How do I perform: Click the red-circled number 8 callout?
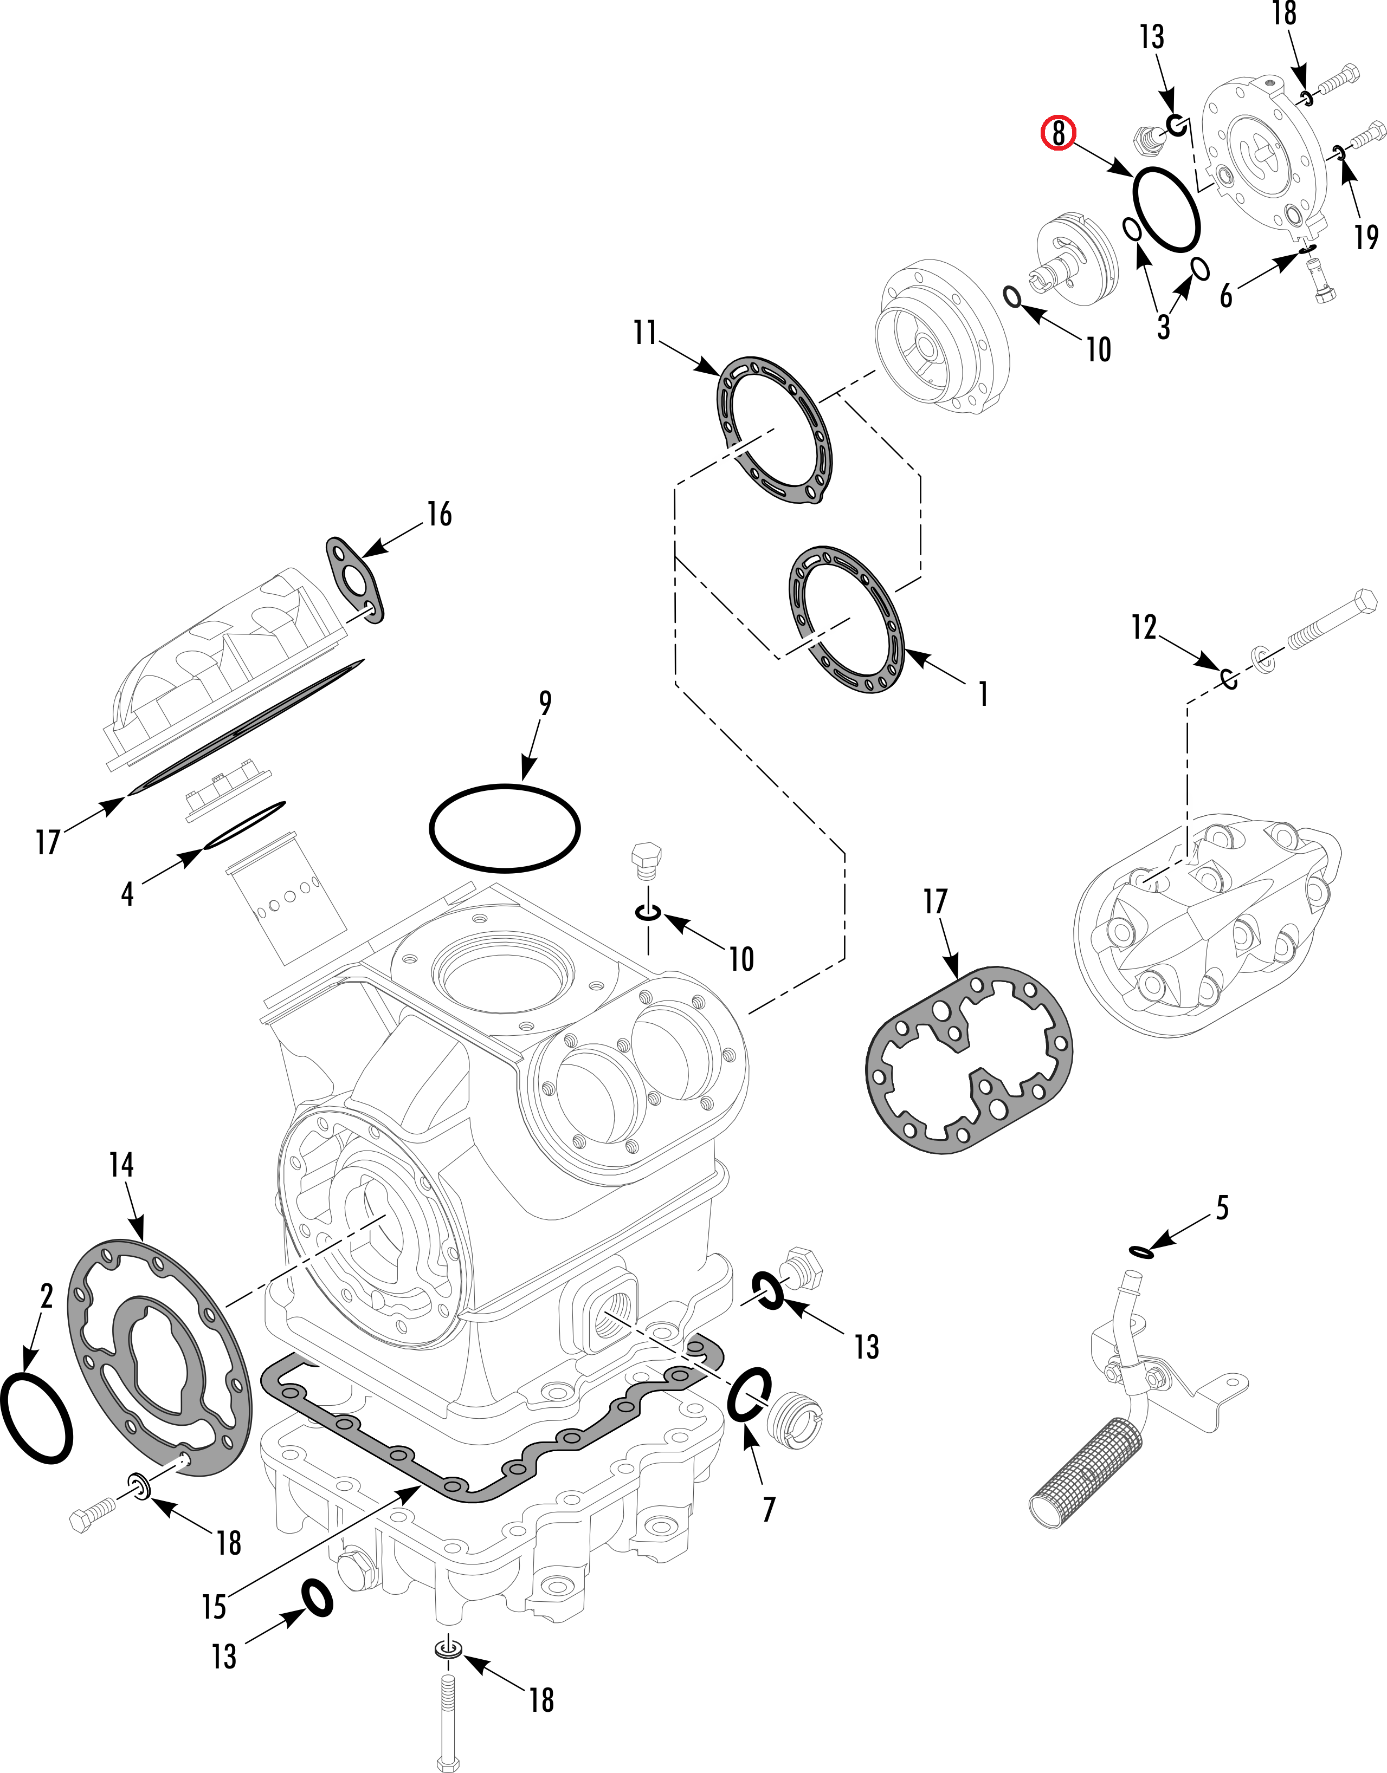click(1058, 132)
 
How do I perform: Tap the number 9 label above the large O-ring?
click(545, 703)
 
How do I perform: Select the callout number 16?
click(440, 515)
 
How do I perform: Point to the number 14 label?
click(121, 1166)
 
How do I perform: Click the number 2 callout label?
click(46, 1296)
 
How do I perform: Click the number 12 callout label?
click(1144, 627)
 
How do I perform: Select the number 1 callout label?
click(983, 694)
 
